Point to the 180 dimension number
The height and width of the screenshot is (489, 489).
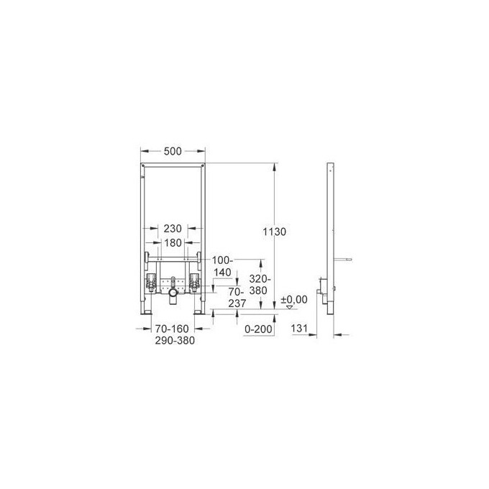coord(173,243)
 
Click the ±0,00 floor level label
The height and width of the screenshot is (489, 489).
coord(293,298)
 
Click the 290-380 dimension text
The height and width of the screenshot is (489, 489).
coord(173,340)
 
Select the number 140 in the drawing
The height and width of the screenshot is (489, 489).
coord(224,273)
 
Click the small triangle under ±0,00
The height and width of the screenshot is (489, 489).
coord(290,307)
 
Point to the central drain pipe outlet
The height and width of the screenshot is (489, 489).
coord(173,294)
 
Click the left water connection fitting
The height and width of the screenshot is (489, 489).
coord(152,280)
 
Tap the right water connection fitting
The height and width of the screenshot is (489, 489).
coord(194,280)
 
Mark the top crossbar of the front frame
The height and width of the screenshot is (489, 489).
coord(173,165)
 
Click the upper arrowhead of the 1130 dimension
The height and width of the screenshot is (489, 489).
coord(273,166)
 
